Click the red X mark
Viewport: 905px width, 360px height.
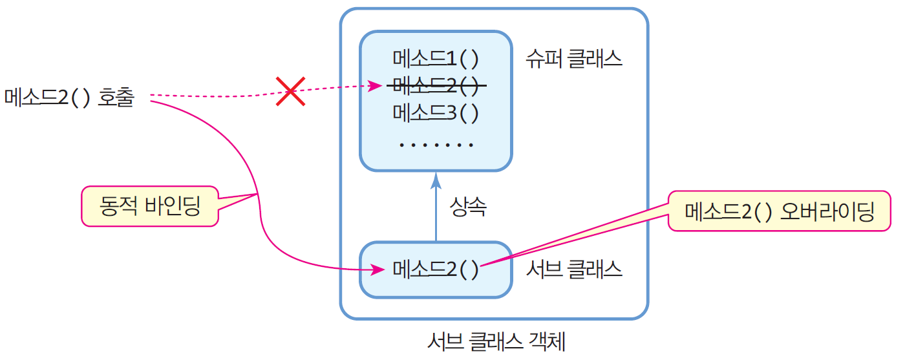pos(291,91)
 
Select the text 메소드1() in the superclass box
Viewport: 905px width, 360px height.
pos(436,59)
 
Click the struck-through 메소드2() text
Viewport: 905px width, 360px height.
pos(436,85)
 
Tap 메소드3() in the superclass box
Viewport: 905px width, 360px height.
pos(436,112)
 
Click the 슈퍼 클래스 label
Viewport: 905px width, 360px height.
pos(574,59)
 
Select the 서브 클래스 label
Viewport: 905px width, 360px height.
pos(574,269)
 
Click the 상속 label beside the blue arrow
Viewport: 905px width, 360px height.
pos(467,207)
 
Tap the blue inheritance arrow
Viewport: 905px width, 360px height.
pos(436,207)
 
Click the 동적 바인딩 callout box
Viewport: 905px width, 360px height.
pos(150,206)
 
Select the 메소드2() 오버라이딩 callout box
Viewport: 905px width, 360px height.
pos(779,211)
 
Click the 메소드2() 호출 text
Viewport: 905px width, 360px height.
pos(69,98)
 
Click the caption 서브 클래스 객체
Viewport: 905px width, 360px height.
pos(496,340)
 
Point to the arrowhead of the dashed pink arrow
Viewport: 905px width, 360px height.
pos(374,85)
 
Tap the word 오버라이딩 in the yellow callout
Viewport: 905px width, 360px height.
pos(827,211)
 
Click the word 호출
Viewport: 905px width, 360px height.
pos(116,98)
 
